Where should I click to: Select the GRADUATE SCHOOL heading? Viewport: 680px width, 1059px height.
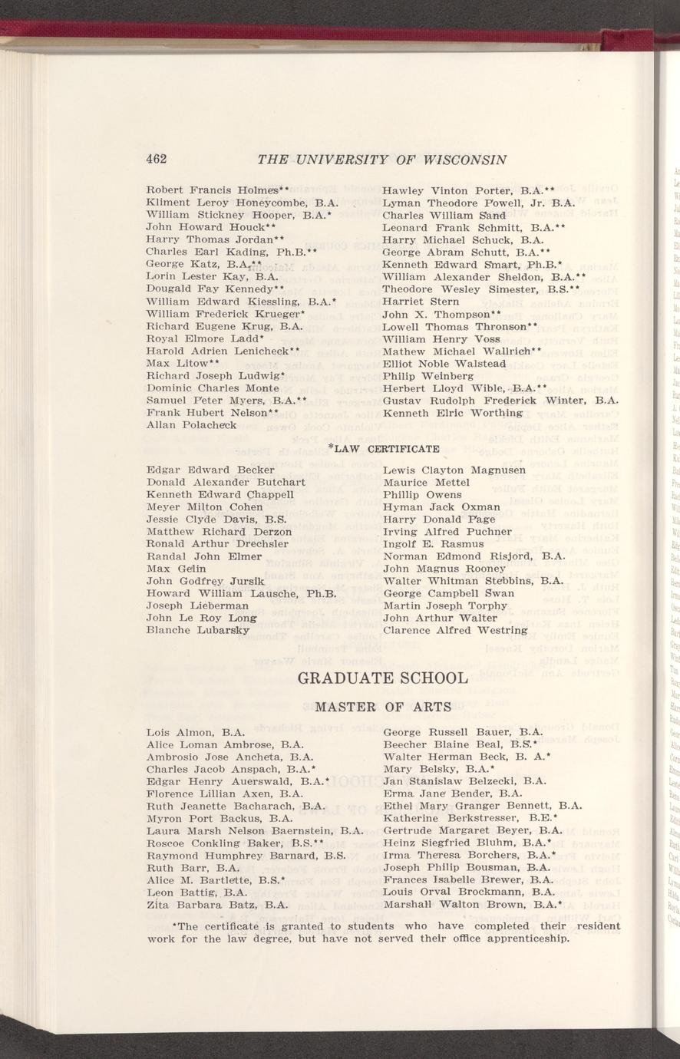(x=381, y=678)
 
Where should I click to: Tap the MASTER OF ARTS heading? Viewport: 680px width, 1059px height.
(x=382, y=707)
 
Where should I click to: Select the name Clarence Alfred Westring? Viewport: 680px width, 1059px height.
(x=454, y=630)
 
